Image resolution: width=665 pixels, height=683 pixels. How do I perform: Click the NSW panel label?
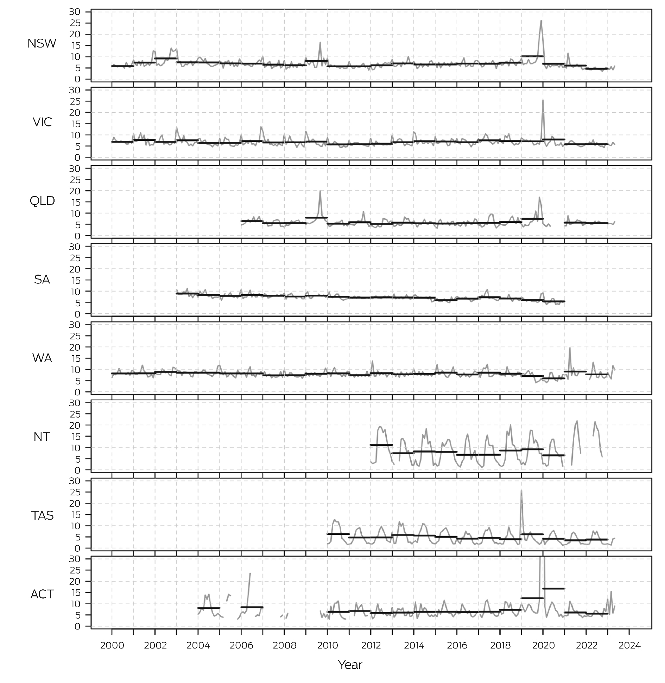point(42,44)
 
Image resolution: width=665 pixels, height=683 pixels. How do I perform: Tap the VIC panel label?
point(42,122)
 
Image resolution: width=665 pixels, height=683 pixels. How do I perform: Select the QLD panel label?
point(42,201)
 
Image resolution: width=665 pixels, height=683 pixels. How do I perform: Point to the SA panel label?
point(42,280)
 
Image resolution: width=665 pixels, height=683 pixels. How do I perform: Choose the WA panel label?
point(42,358)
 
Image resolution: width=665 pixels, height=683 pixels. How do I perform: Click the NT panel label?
point(42,437)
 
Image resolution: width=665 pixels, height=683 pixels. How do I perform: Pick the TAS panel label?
point(42,515)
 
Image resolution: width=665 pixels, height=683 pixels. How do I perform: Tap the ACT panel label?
point(42,594)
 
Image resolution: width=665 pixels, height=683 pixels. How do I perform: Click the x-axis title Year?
point(350,665)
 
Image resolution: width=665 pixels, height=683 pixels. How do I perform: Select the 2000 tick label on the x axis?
point(112,645)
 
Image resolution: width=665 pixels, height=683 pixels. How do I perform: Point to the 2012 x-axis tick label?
point(371,645)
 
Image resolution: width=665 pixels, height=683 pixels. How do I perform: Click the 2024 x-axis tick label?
point(629,645)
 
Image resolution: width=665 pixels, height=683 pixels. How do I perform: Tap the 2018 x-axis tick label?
point(500,645)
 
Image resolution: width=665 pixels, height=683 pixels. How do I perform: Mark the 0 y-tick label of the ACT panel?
point(77,626)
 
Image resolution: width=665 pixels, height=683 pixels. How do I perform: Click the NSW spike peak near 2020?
point(541,21)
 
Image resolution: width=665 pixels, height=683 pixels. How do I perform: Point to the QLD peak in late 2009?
point(320,191)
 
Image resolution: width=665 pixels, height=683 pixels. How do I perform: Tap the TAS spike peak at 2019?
point(521,491)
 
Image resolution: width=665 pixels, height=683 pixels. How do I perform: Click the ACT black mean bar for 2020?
point(553,589)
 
